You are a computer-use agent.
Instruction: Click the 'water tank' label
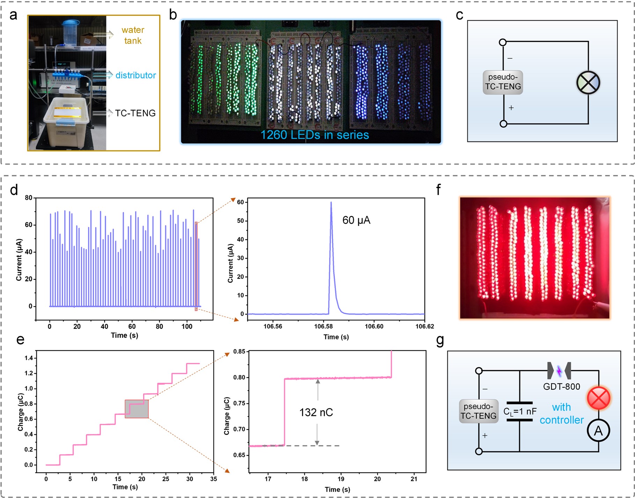point(133,35)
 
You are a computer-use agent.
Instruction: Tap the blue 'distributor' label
point(135,75)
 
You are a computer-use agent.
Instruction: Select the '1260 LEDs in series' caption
point(315,135)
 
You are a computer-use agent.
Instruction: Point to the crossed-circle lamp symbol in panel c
point(588,83)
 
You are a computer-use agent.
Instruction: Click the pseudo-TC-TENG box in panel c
point(503,82)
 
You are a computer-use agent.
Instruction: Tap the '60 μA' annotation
point(356,220)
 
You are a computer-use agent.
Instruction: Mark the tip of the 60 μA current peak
point(331,202)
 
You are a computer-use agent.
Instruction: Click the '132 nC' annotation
point(316,412)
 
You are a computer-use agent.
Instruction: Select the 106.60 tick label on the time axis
point(374,327)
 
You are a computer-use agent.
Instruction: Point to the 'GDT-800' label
point(561,387)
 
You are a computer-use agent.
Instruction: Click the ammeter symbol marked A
point(598,431)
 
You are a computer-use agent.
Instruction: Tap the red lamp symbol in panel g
point(598,398)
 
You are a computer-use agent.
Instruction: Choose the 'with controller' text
point(561,413)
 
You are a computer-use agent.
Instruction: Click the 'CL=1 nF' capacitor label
point(520,412)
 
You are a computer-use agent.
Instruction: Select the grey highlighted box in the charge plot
point(136,409)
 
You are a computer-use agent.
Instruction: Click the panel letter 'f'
point(438,190)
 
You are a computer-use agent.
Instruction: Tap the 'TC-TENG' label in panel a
point(135,113)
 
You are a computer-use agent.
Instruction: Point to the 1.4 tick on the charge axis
point(29,358)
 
